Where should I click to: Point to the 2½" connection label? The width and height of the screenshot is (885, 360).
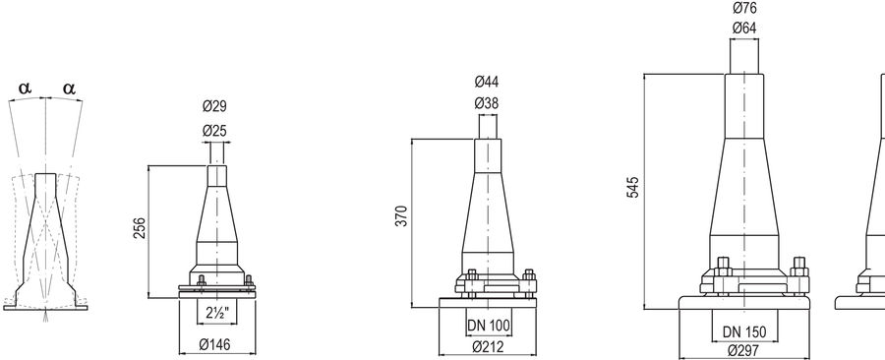(x=217, y=315)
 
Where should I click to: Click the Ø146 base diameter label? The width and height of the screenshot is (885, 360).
(x=216, y=345)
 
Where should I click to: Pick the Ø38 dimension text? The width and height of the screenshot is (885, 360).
(x=489, y=102)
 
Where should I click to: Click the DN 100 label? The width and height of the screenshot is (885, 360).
(x=489, y=325)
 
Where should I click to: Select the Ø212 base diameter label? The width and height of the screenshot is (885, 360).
(x=489, y=346)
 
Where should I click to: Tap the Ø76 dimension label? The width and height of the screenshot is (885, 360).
(x=744, y=8)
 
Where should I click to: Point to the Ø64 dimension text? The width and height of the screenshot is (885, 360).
(x=744, y=28)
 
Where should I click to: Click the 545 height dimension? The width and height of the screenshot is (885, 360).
(x=633, y=187)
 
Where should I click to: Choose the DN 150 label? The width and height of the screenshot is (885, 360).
(x=743, y=330)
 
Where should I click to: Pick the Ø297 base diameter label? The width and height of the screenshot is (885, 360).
(x=743, y=350)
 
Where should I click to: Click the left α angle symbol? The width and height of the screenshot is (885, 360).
(x=26, y=89)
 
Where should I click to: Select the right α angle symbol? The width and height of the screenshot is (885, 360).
(x=69, y=89)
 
